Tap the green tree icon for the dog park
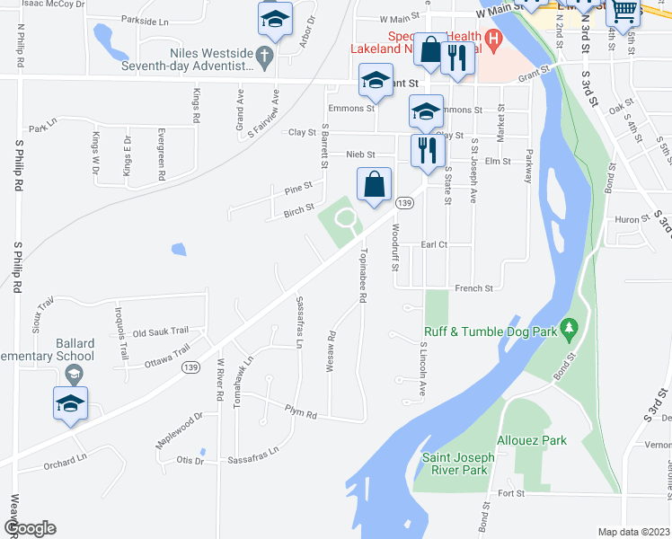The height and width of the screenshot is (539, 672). pos(568,331)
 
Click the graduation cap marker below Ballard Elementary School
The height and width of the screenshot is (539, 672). pos(70,404)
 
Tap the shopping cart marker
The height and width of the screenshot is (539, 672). pos(623,12)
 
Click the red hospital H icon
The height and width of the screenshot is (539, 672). pos(491,39)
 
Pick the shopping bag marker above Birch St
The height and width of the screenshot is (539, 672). pos(374,184)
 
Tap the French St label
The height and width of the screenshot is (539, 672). pos(474,288)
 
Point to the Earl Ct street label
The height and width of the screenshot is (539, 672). pos(434,244)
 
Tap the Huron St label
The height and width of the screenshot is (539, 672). pos(625,219)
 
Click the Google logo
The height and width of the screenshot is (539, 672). pos(30,528)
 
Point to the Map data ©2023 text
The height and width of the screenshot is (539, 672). pos(632,531)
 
